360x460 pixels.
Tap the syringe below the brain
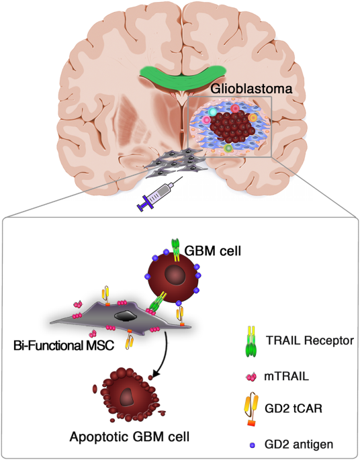coord(158,195)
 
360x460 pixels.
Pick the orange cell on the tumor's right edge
coord(253,118)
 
